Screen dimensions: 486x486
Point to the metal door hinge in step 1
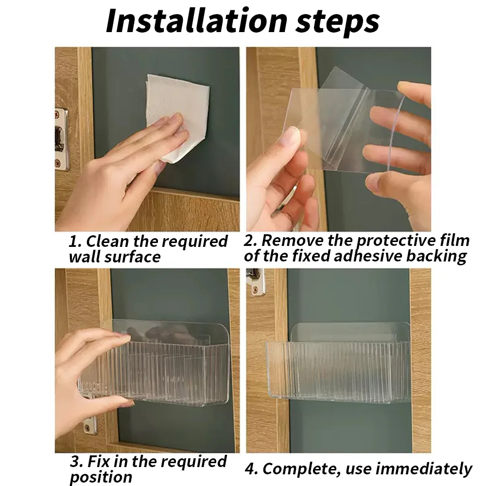tap(61, 139)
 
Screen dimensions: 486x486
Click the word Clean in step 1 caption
tap(107, 241)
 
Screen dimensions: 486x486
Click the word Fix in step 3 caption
tap(99, 462)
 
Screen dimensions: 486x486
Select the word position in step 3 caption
tap(101, 478)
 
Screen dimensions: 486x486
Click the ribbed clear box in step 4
tap(338, 364)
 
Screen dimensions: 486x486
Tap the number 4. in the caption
tap(251, 469)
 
